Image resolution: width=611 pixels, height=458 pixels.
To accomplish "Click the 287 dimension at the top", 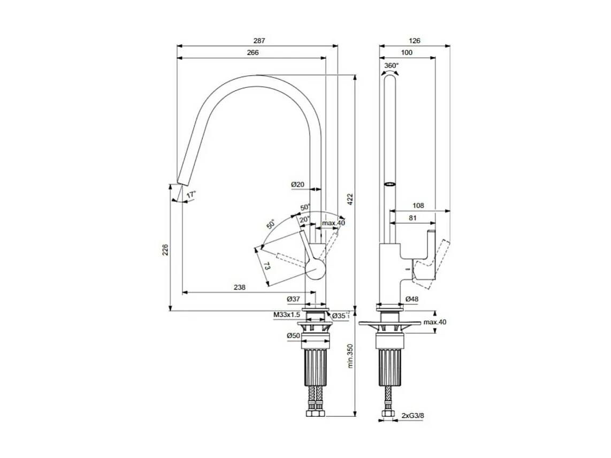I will click(259, 41).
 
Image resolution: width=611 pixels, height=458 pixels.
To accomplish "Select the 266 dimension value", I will click(253, 52).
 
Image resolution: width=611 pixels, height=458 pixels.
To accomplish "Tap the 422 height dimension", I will click(350, 199).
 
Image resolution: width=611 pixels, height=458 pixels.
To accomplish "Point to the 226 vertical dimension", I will click(165, 249).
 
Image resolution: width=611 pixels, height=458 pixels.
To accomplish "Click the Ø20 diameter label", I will click(297, 185).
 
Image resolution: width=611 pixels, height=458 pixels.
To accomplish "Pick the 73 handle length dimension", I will click(266, 265).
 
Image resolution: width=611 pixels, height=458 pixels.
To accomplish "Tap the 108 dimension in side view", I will click(419, 205).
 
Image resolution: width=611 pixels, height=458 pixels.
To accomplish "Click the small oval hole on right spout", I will click(391, 184).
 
